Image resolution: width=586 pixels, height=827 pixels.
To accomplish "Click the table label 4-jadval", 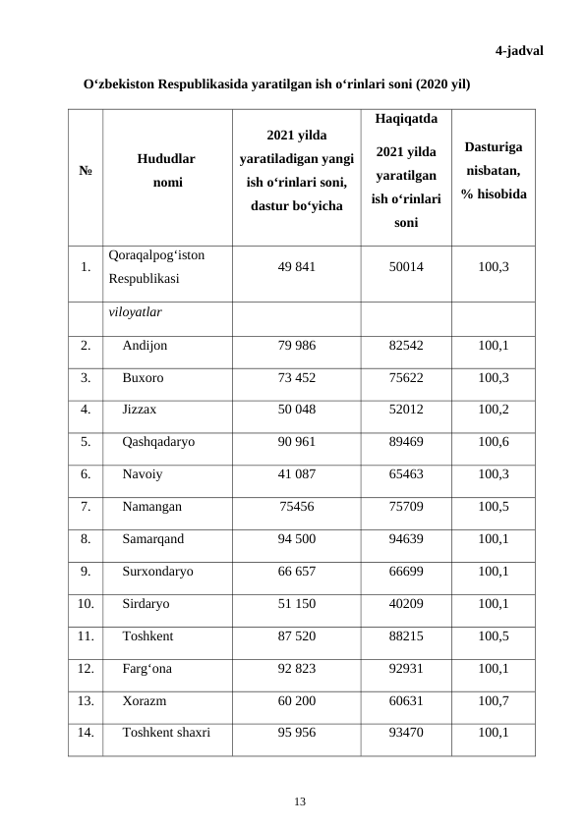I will pos(519,50).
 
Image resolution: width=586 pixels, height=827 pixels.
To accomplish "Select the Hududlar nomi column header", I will pos(166,169).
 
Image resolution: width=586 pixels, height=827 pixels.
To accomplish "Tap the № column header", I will pos(86,169).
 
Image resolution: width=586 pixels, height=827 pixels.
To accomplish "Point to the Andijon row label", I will pos(145,346).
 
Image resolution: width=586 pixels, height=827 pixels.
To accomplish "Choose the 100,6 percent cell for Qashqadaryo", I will pos(493,442).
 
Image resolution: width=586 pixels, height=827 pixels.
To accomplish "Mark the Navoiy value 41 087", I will pos(296,474).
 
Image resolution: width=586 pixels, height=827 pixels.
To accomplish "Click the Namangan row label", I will pos(151,507).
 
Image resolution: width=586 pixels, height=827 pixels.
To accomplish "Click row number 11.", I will pos(86,635).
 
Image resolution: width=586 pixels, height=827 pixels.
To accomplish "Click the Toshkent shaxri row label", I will pos(165,732).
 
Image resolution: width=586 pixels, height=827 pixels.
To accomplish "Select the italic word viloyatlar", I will pos(135,313).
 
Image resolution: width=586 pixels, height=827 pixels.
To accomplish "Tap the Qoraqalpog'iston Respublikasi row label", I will pos(157,266).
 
